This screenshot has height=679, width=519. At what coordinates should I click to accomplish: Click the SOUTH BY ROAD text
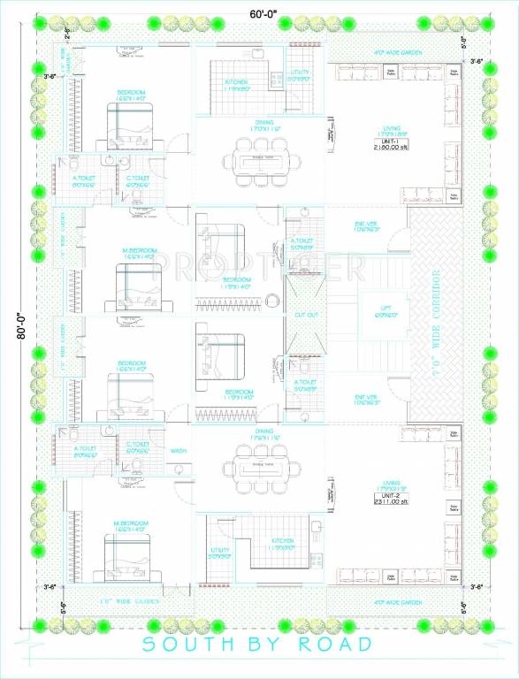(x=258, y=645)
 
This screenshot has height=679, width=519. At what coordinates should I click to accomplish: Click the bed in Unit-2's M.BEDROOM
(x=129, y=560)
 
